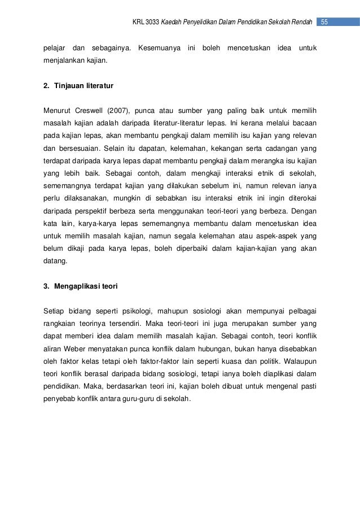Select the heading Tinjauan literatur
point(84,87)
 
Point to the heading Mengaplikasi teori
point(85,286)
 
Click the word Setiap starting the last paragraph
point(55,311)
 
